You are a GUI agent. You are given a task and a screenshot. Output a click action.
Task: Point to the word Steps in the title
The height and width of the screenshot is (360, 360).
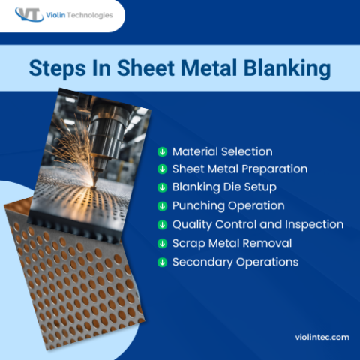click(58, 67)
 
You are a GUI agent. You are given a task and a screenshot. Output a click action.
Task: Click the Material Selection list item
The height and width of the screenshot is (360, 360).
click(222, 151)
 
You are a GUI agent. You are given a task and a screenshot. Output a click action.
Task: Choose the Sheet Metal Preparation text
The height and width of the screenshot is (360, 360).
click(239, 169)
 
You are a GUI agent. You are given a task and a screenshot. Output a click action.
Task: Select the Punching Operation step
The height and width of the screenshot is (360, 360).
click(228, 205)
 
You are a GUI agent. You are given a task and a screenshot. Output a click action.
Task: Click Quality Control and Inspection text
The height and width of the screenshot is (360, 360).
click(257, 224)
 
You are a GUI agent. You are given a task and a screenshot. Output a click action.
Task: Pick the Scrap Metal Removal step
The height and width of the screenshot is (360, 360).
click(232, 243)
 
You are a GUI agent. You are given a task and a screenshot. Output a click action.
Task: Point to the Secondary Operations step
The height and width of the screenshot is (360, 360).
click(235, 262)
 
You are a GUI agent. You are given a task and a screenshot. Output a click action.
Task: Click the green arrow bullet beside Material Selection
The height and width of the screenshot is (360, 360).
click(161, 151)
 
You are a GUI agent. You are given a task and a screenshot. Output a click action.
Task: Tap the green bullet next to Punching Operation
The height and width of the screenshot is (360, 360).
click(161, 206)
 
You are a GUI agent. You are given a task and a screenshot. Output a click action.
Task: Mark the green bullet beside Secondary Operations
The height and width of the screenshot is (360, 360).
click(161, 262)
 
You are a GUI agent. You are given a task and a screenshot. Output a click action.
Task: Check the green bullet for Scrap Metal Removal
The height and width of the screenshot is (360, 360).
click(161, 243)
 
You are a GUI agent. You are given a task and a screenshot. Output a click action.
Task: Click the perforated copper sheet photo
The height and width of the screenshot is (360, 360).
click(67, 277)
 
